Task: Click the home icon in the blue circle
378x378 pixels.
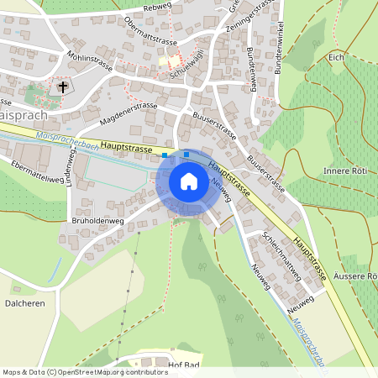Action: point(189,181)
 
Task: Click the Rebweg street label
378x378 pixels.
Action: point(157,8)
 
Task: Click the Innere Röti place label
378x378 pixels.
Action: point(349,171)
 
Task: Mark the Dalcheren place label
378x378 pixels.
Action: point(24,302)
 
